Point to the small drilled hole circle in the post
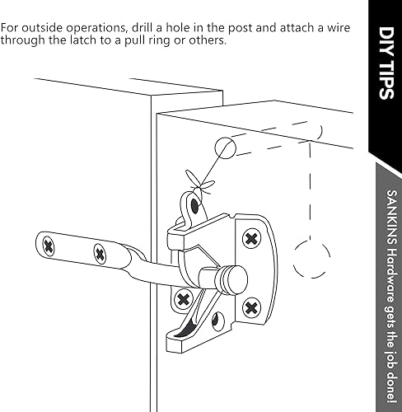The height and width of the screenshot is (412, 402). [225, 148]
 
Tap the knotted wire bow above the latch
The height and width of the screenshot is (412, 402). [199, 178]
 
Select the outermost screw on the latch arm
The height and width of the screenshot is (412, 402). [52, 245]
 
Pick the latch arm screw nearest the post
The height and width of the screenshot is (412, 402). [100, 252]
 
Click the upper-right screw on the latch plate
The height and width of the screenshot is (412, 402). [250, 238]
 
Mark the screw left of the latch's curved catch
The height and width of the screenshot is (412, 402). [183, 297]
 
